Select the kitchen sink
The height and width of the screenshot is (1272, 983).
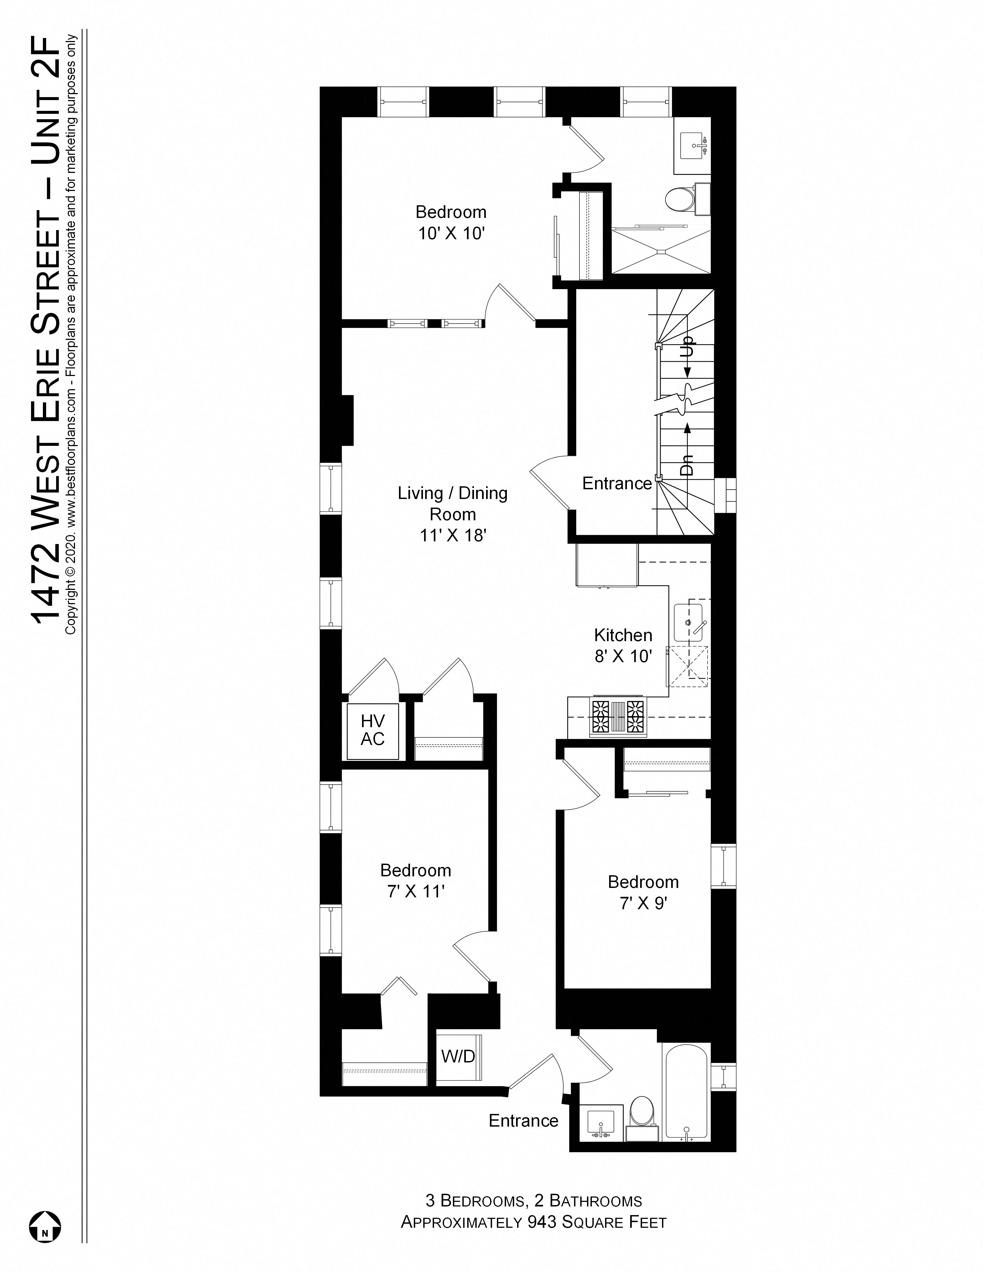[689, 623]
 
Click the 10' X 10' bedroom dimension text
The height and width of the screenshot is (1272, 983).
[451, 234]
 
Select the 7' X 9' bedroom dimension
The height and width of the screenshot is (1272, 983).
[643, 903]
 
